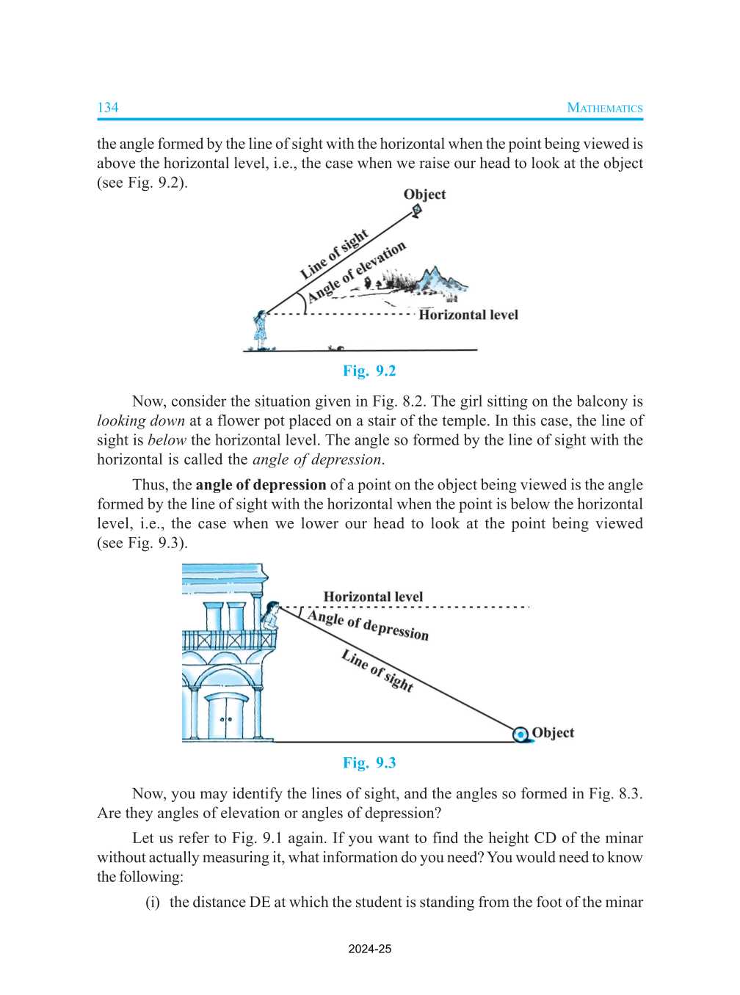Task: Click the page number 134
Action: tap(107, 108)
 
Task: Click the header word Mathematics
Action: tap(604, 108)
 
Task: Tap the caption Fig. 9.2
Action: tap(369, 371)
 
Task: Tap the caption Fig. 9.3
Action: tap(369, 762)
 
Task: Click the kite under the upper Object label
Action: tap(417, 211)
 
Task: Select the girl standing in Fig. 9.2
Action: tap(260, 330)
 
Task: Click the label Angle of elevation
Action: tap(357, 271)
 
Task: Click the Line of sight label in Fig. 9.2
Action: tap(334, 255)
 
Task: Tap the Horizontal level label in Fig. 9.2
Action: tap(468, 315)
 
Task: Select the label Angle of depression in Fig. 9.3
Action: tap(368, 625)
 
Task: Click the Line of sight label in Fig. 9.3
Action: tap(377, 671)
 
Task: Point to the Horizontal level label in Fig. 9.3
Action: tap(373, 597)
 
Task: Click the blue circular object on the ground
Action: tap(520, 734)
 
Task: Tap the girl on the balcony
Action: tap(270, 616)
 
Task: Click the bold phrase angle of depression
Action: tap(261, 485)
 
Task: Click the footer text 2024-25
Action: tap(369, 949)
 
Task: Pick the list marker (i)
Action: tap(152, 902)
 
